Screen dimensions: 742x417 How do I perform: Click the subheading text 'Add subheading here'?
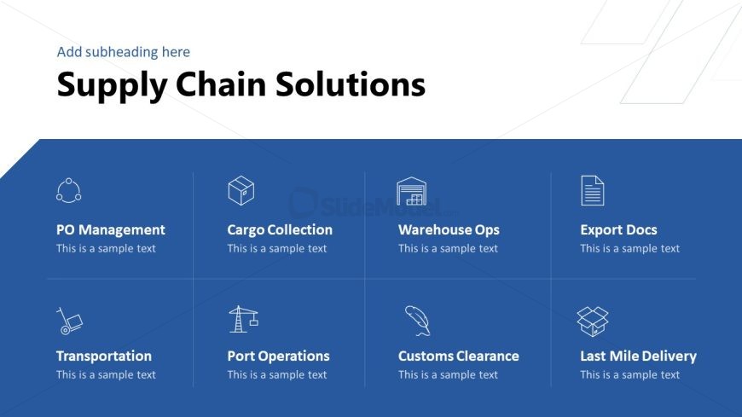[x=124, y=52]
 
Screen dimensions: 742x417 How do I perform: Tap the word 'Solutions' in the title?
[x=351, y=84]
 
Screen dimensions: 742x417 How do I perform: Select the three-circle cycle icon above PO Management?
[x=68, y=191]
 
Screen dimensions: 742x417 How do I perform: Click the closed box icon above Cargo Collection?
[x=241, y=190]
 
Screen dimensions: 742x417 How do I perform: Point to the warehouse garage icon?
[x=411, y=191]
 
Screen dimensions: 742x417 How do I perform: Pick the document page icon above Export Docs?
[x=593, y=190]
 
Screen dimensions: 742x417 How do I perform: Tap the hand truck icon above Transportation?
[x=70, y=321]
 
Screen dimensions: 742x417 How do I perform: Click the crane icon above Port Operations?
[x=243, y=319]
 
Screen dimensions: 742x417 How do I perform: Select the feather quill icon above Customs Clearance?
[x=417, y=321]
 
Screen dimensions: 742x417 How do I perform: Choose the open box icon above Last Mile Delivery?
[x=593, y=321]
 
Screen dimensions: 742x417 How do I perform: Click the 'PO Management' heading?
[x=111, y=230]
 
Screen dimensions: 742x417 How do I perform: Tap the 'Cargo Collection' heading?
[x=280, y=230]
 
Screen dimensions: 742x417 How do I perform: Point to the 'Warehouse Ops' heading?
[x=449, y=230]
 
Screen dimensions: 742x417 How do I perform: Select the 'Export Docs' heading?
[x=618, y=230]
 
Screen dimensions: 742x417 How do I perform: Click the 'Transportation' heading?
[x=104, y=356]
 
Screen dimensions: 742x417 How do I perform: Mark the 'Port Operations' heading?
[x=278, y=356]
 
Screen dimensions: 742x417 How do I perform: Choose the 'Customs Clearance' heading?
[x=459, y=356]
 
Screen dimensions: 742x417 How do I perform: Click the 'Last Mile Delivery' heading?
[x=638, y=356]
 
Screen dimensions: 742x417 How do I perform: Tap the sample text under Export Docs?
[x=630, y=248]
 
